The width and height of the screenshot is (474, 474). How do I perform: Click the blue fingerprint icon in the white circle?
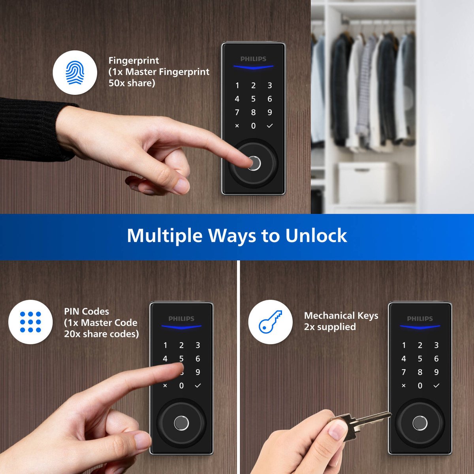click(x=75, y=72)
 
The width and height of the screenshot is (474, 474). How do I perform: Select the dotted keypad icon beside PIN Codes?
click(x=30, y=322)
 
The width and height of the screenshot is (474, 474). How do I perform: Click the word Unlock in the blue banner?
click(x=316, y=235)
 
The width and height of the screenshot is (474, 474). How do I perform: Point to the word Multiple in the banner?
click(x=165, y=235)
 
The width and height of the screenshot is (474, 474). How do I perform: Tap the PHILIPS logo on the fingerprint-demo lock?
click(x=253, y=59)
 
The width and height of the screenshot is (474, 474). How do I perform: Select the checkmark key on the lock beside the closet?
click(x=270, y=126)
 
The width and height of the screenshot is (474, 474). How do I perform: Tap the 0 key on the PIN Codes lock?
click(x=181, y=386)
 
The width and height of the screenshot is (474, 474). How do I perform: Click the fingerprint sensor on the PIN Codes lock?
click(x=181, y=423)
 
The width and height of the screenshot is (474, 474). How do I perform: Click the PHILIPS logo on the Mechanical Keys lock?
click(x=420, y=318)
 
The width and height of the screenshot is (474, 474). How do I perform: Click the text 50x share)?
click(x=132, y=83)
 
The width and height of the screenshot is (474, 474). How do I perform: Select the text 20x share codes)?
click(x=102, y=334)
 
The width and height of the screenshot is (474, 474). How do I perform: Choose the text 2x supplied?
click(x=330, y=327)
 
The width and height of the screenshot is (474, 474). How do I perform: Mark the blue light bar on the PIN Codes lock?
click(x=181, y=327)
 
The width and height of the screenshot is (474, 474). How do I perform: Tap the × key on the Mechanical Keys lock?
click(x=403, y=386)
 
